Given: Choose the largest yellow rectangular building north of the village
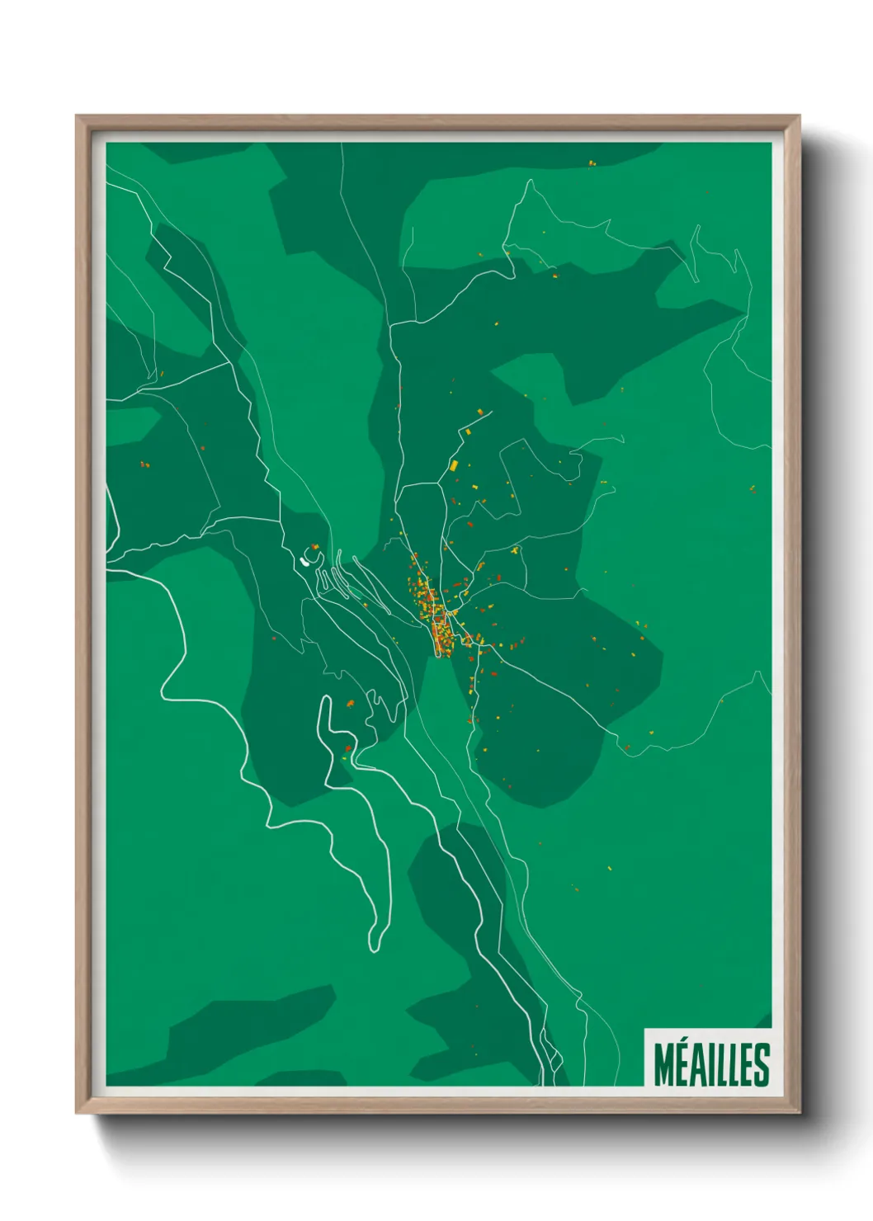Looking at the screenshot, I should (453, 466).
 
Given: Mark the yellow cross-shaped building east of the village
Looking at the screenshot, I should (515, 549).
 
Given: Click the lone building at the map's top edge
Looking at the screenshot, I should (592, 163).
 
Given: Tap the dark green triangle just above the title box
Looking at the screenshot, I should (764, 1021).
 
